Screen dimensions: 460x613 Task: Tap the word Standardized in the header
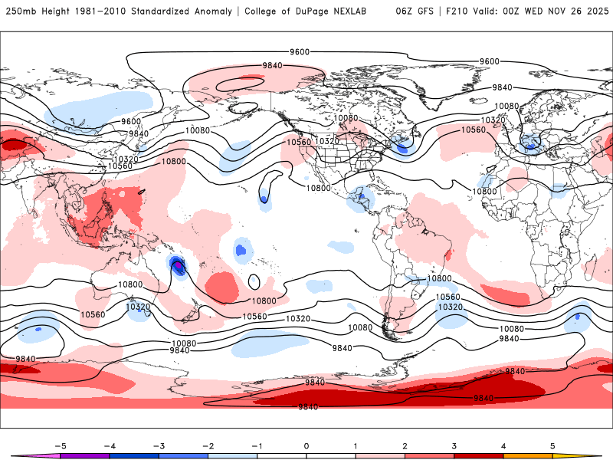[164, 11]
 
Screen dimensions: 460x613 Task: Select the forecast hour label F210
[454, 11]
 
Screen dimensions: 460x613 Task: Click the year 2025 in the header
[595, 11]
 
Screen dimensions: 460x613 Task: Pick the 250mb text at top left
[19, 11]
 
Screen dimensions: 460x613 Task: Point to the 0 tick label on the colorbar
[306, 445]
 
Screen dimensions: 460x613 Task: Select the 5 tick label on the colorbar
[552, 445]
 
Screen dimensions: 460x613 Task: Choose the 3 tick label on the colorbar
[454, 445]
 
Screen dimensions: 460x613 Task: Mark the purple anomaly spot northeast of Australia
[179, 267]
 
